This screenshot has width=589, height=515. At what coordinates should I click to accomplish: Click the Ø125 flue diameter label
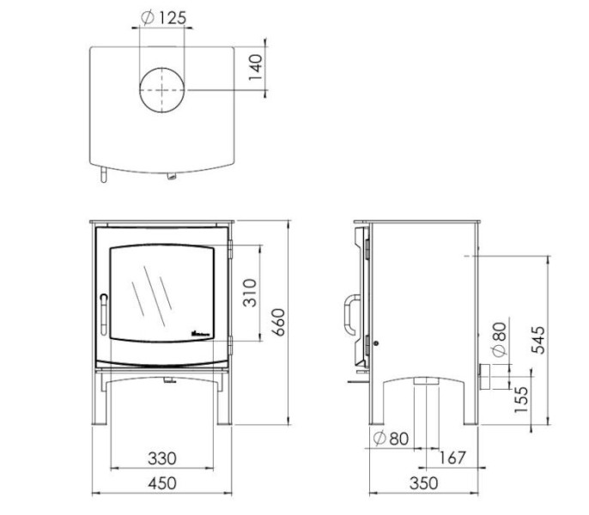tap(161, 18)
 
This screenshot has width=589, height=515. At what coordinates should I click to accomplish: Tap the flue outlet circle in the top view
tap(161, 91)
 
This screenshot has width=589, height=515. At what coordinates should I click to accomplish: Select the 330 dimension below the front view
tap(161, 458)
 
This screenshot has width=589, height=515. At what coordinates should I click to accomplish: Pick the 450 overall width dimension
tap(161, 484)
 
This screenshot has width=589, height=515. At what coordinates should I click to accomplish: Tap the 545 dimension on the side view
tap(539, 341)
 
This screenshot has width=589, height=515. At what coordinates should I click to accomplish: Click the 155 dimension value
tap(521, 400)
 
